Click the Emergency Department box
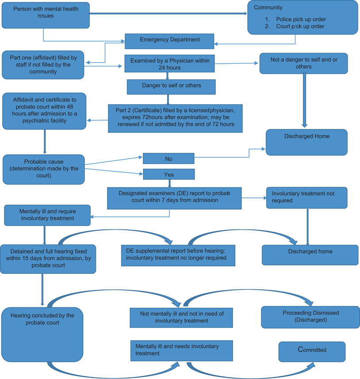169,41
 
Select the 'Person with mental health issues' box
46,15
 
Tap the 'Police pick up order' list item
301,19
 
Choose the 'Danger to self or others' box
171,87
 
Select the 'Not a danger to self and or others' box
303,63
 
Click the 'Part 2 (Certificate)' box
175,118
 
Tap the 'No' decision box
169,159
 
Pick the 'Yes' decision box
169,174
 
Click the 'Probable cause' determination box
43,169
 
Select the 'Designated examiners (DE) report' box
174,197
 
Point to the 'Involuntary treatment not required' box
306,197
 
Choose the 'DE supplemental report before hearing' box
178,255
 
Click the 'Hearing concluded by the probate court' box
42,334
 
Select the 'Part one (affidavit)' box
43,64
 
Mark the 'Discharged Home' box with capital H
306,142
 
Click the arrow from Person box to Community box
168,14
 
